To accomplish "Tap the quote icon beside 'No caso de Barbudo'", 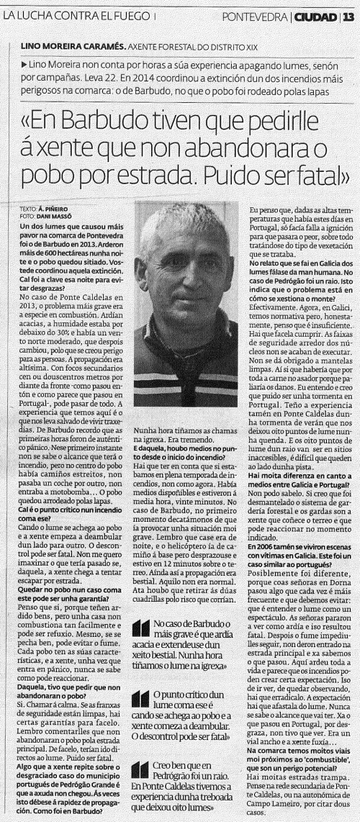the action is click(142, 630).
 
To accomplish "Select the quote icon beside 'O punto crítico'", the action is click(142, 700).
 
